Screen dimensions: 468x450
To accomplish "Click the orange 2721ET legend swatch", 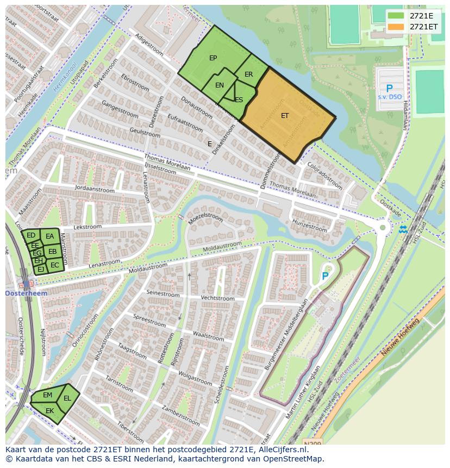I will point(396,27).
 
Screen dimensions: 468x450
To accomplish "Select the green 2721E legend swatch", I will point(396,16).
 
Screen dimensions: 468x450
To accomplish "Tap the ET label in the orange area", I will point(285,116).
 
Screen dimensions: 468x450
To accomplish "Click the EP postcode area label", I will point(213,58).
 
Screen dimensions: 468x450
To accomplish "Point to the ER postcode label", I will point(248,74).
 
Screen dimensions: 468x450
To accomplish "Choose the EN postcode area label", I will point(220,85).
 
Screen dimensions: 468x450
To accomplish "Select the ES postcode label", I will point(239,100).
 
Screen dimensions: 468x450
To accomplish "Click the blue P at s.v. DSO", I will point(389,89).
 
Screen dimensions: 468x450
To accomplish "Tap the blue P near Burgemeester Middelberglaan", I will point(325,276).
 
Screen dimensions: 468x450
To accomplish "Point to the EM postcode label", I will point(47,395).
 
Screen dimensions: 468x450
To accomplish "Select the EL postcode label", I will point(67,398).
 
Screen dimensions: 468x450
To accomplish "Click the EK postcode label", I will point(49,411).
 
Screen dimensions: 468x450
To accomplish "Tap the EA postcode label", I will point(50,236).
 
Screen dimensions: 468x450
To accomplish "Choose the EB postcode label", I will point(52,252).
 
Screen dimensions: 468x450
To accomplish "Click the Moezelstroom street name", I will point(205,217).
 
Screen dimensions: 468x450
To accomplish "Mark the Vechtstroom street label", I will point(217,298).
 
